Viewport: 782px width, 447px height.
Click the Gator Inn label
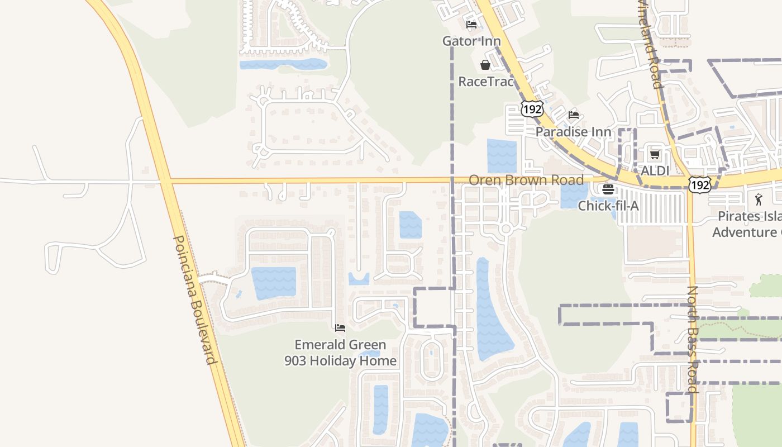coord(468,41)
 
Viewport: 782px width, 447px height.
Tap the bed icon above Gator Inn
coord(471,25)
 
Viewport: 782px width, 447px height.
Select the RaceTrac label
coord(485,82)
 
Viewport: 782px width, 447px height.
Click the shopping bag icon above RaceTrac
coord(485,65)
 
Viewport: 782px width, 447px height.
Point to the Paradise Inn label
coord(573,132)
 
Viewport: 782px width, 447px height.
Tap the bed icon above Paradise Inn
coord(574,115)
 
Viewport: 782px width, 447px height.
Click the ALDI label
coord(655,170)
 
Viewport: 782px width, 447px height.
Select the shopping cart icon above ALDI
coord(655,154)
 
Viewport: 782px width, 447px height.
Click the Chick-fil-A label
coord(608,206)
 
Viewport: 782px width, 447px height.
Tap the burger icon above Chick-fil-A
coord(608,189)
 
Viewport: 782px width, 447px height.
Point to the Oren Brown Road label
coord(526,180)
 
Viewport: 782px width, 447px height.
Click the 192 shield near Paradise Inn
coord(532,109)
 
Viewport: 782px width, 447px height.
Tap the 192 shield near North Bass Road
coord(699,185)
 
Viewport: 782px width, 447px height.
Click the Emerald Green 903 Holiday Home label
coord(341,353)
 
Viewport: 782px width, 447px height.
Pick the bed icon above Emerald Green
coord(340,328)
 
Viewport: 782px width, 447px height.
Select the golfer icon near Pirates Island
coord(758,199)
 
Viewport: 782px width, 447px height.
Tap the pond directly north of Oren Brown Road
coord(502,155)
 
